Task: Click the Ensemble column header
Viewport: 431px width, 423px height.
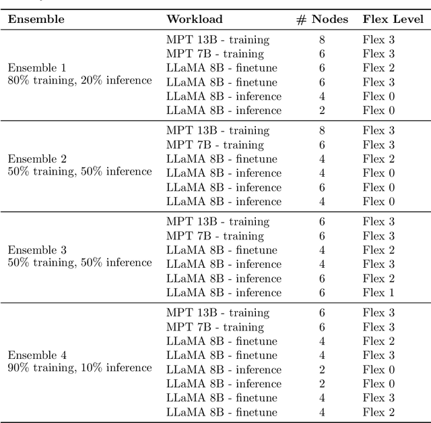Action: click(36, 19)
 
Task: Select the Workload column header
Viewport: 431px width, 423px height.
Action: click(195, 19)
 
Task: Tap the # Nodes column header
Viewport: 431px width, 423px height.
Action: click(322, 19)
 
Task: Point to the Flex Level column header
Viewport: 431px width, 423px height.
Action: click(393, 19)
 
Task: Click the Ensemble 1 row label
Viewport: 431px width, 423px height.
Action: click(37, 67)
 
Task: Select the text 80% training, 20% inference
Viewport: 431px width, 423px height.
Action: click(79, 81)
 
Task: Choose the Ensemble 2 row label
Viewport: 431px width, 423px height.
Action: click(37, 159)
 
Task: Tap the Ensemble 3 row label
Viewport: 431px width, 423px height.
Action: click(37, 250)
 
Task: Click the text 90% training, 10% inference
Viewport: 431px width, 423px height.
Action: click(79, 368)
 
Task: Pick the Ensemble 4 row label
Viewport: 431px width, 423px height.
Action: click(37, 355)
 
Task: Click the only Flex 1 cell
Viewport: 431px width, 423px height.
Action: click(378, 293)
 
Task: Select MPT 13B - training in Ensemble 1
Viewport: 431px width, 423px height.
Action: click(218, 40)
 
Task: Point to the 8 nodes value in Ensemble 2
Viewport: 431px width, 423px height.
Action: click(322, 130)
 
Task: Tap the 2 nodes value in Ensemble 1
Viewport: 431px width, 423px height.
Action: click(322, 110)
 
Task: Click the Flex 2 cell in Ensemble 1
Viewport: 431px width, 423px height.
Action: click(378, 67)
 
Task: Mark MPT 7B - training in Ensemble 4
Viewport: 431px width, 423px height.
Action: click(215, 327)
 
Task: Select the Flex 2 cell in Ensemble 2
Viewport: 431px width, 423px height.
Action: click(378, 159)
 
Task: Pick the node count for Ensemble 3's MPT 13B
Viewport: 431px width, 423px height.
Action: click(322, 221)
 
